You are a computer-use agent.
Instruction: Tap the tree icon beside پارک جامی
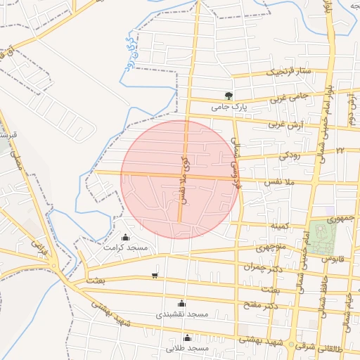point(227,96)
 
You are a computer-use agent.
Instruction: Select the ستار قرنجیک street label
point(287,72)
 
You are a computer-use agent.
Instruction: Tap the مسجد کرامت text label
point(126,248)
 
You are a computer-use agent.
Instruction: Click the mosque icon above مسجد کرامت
point(126,238)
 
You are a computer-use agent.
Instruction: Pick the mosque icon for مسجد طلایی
point(186,337)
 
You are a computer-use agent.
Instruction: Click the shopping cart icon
point(155,275)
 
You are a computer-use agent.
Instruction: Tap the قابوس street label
point(337,259)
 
